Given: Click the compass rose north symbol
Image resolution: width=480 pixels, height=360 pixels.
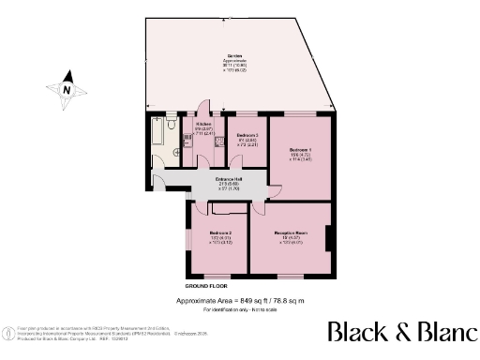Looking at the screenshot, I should [67, 89].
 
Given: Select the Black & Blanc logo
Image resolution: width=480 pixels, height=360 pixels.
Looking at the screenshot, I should [400, 333].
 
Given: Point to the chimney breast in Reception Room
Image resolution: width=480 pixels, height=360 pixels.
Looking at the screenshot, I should [329, 239].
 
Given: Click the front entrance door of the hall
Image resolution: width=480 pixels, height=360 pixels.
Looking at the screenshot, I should [160, 175].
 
